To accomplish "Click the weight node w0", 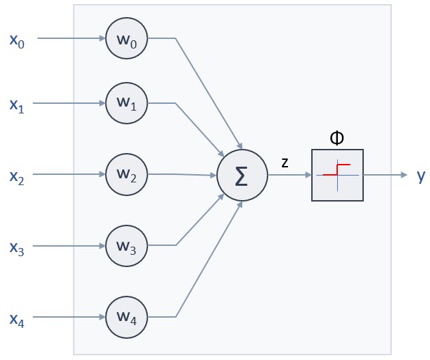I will (x=127, y=38).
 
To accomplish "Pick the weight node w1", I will (x=127, y=104).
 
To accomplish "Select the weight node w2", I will (x=127, y=174).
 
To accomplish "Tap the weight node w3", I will (x=127, y=245).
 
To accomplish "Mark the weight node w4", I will (x=127, y=317).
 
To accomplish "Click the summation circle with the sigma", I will (x=241, y=175).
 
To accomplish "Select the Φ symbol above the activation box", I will (x=336, y=138).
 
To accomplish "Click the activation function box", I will (x=337, y=175).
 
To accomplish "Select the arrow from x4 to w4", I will (x=69, y=317).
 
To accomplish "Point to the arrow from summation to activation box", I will (x=289, y=175).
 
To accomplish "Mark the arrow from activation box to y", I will (x=385, y=175).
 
